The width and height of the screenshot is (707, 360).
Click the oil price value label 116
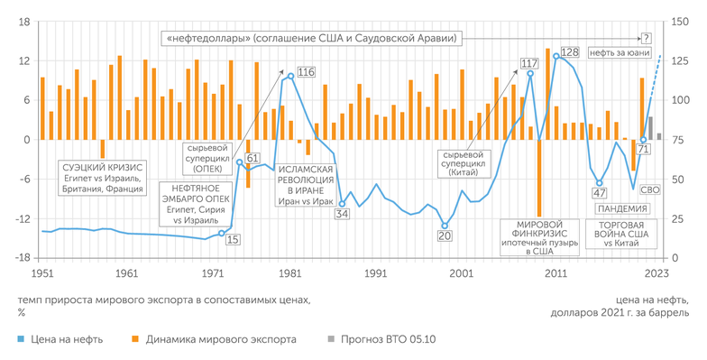point(307,71)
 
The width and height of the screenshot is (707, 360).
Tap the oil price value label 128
point(569,52)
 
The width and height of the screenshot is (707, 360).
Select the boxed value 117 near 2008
point(529,63)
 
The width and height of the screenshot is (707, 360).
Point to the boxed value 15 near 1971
point(233,239)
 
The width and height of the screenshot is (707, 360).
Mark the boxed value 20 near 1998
point(445,236)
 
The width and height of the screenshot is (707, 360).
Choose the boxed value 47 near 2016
point(600,193)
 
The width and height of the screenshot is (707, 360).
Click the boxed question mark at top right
point(646,38)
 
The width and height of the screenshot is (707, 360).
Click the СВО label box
point(649,190)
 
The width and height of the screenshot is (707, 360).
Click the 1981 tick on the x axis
point(289,272)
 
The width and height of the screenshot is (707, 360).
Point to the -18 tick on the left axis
point(23,258)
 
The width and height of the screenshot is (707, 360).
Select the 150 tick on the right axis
point(675,22)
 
